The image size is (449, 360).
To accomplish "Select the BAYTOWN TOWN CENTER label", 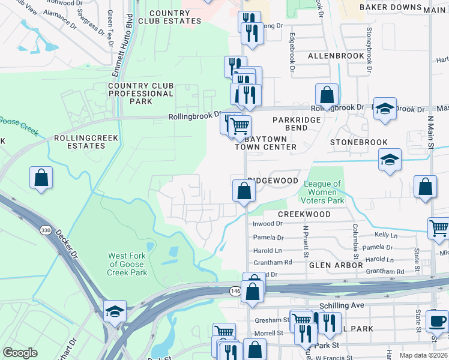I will (x=265, y=142).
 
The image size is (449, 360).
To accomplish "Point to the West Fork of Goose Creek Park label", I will (x=127, y=264).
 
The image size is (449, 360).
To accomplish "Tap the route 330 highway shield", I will (x=46, y=230).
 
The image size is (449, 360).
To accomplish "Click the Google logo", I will (x=20, y=353).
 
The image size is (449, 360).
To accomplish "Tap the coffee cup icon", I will (x=437, y=320).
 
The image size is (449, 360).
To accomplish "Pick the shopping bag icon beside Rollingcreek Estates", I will (x=41, y=178).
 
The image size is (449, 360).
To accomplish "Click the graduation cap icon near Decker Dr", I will (x=115, y=311).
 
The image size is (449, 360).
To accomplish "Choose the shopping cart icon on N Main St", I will (x=439, y=228).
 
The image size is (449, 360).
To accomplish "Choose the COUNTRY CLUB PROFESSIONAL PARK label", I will (x=141, y=94).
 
